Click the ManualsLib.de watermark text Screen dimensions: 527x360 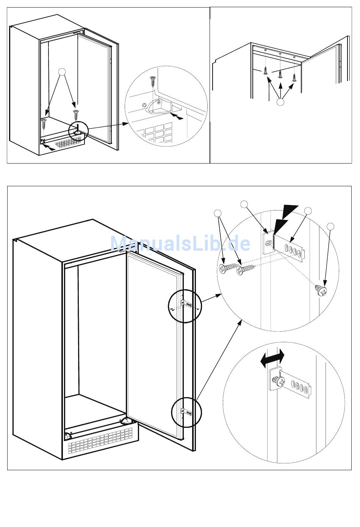pyautogui.click(x=180, y=244)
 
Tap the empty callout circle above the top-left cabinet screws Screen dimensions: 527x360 pyautogui.click(x=63, y=72)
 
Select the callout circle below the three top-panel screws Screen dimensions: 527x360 pyautogui.click(x=280, y=102)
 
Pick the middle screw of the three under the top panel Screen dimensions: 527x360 pyautogui.click(x=280, y=73)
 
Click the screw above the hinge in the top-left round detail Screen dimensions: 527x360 pyautogui.click(x=153, y=81)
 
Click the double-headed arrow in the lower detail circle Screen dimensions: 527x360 pyautogui.click(x=272, y=359)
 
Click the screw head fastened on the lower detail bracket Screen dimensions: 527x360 pyautogui.click(x=280, y=382)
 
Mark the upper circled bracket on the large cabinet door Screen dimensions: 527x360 pyautogui.click(x=185, y=304)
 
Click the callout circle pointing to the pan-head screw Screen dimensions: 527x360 pyautogui.click(x=331, y=226)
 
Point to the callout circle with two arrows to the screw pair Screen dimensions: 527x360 pyautogui.click(x=218, y=213)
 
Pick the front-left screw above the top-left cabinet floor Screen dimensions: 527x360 pyautogui.click(x=44, y=123)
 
